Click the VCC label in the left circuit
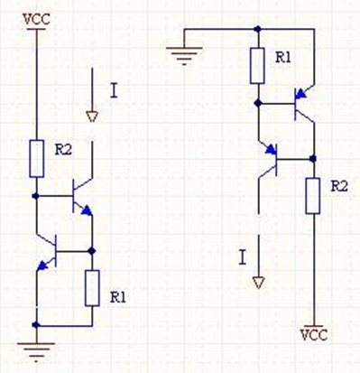click(36, 19)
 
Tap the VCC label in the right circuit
click(314, 335)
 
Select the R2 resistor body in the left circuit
click(37, 158)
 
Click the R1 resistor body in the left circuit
click(92, 288)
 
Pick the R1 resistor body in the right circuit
click(257, 65)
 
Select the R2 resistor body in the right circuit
click(313, 196)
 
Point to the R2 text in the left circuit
click(63, 149)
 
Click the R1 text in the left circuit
click(118, 297)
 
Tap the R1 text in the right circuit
click(283, 58)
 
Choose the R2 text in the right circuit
click(339, 187)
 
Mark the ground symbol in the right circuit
click(184, 56)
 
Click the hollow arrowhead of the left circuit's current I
click(92, 117)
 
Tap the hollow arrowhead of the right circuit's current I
click(258, 283)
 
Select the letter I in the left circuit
click(114, 91)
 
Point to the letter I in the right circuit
click(242, 257)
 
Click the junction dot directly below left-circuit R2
click(36, 196)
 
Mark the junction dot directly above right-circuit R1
click(257, 29)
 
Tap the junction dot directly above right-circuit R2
click(313, 158)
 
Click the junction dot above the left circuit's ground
click(36, 325)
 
